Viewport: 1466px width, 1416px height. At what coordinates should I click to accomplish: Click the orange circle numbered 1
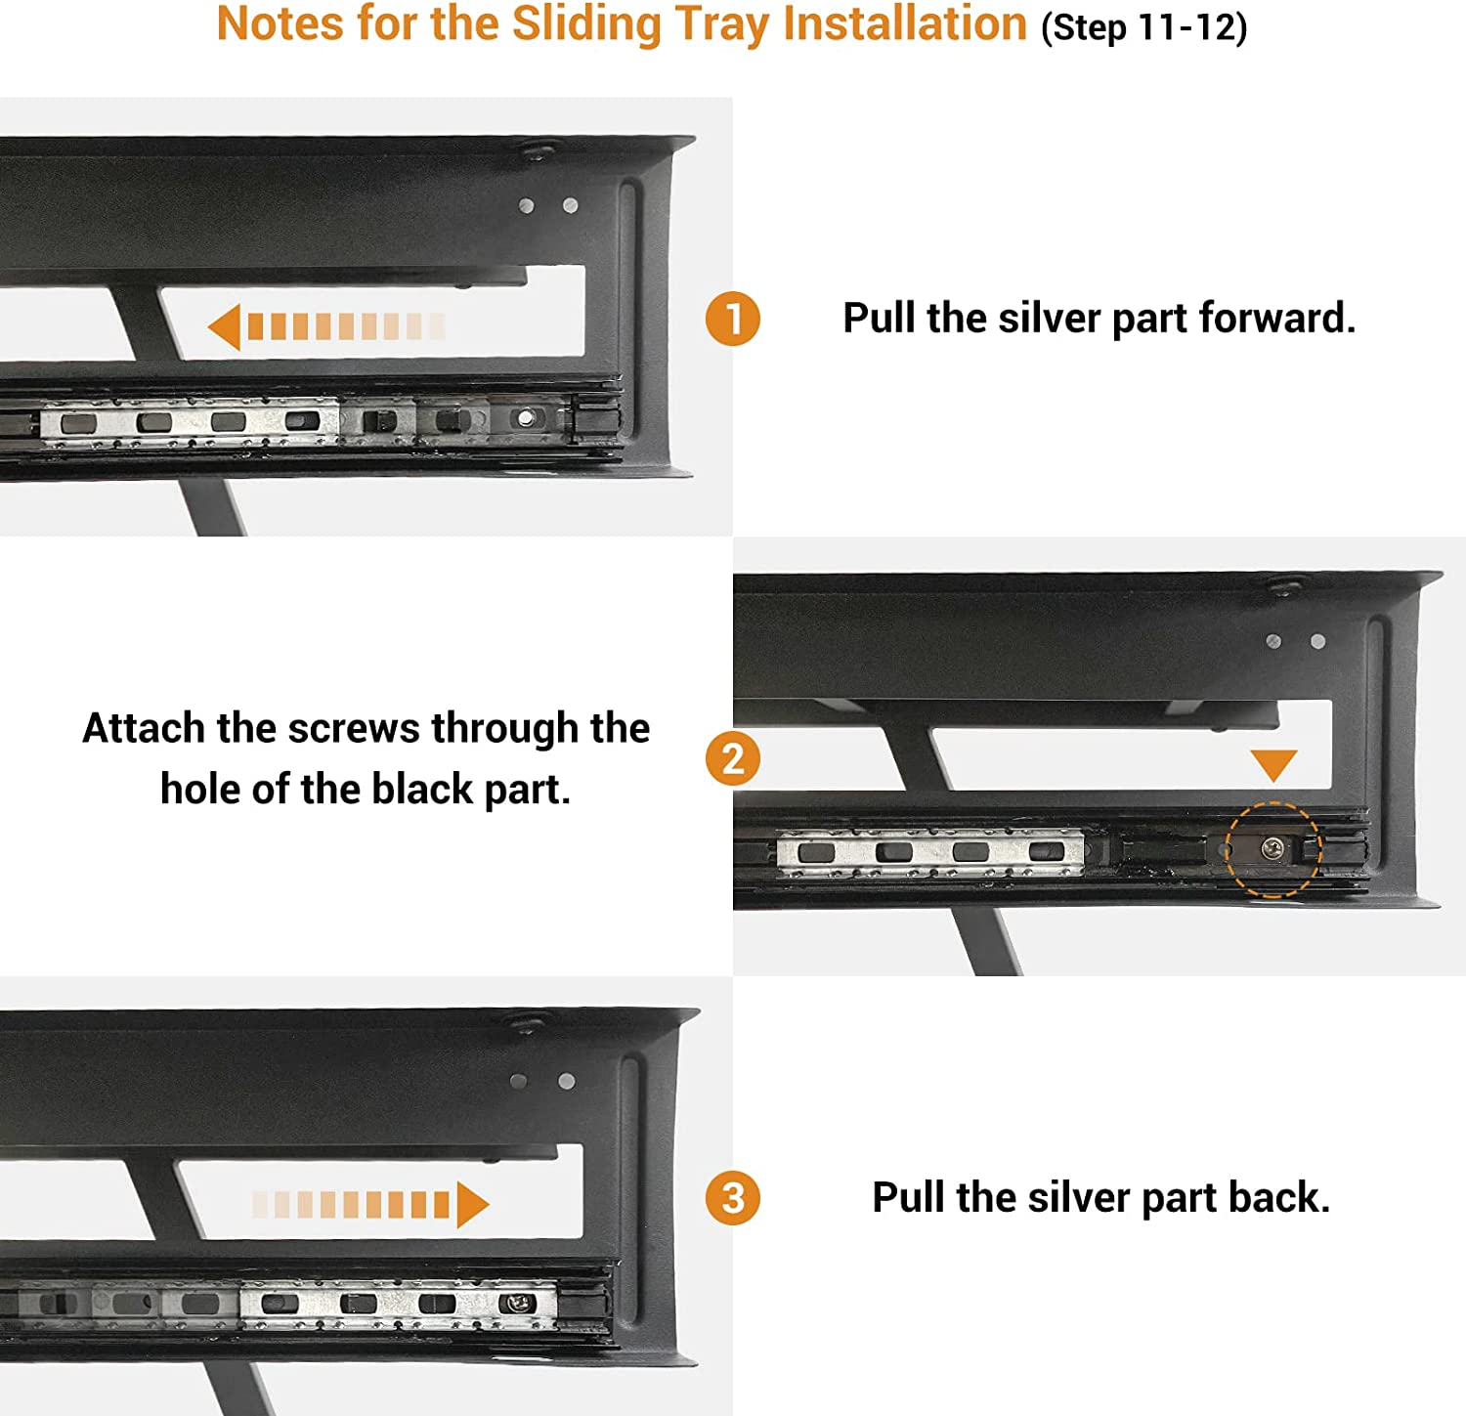pos(733,319)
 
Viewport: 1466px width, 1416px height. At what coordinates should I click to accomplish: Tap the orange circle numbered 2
pos(733,758)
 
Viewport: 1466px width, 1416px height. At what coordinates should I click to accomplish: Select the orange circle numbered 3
pos(733,1198)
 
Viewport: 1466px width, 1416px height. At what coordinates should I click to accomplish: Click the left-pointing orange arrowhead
pos(224,326)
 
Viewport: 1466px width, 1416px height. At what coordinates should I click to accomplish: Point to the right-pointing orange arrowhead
pos(473,1204)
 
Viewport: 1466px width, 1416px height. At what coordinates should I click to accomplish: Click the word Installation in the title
pos(905,23)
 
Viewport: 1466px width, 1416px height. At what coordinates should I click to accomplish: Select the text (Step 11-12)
pos(1144,27)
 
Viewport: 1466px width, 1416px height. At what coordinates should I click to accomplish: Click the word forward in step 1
pos(1277,319)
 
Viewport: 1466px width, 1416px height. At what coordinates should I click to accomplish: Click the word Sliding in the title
pos(586,25)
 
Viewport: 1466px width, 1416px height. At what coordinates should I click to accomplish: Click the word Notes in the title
pos(280,23)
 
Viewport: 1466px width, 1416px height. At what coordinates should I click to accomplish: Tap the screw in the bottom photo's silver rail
pos(517,1303)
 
